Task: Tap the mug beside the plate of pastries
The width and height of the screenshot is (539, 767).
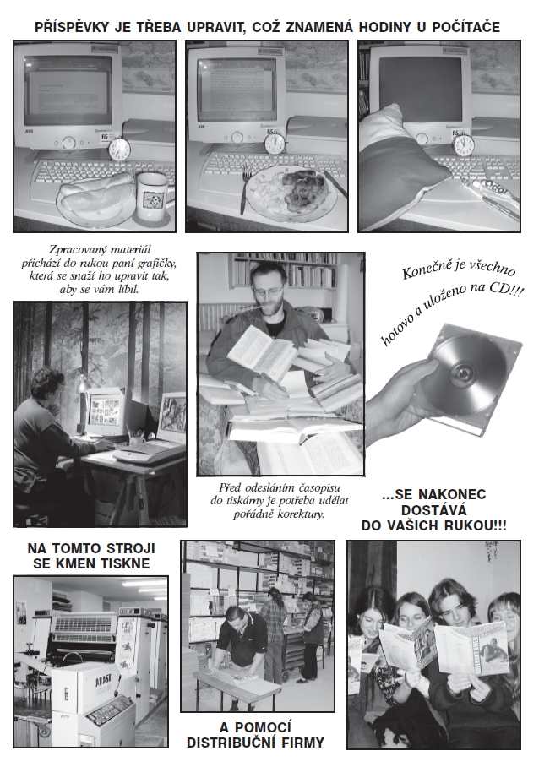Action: (152, 196)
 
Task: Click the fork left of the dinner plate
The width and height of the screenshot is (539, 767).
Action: (244, 189)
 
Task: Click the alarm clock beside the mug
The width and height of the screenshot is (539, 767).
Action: (118, 149)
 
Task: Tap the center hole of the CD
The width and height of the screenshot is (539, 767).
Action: (462, 373)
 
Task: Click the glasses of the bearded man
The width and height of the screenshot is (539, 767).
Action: (268, 291)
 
